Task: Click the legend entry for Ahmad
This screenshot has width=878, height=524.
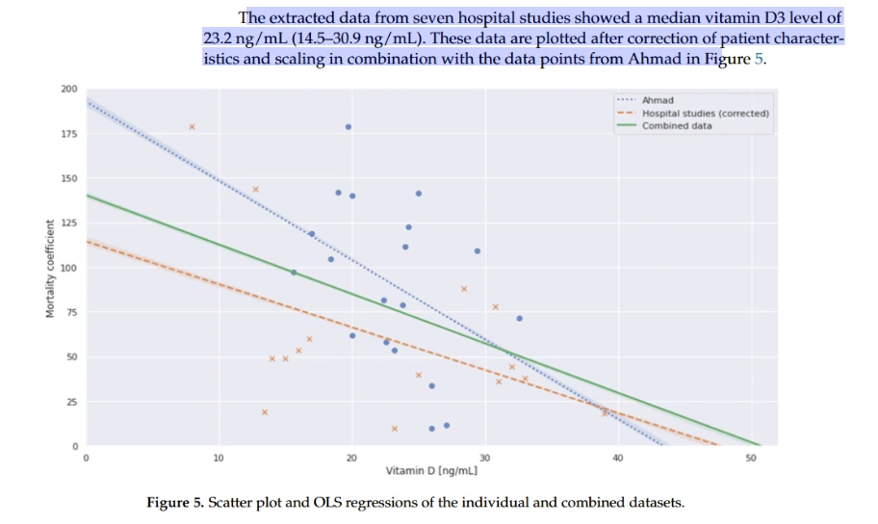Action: click(x=658, y=100)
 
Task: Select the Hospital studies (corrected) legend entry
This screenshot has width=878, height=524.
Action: click(x=705, y=113)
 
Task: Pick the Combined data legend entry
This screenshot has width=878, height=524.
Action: click(x=677, y=125)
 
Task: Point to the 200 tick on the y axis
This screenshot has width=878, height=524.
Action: click(x=68, y=89)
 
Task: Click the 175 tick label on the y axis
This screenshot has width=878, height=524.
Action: click(x=68, y=134)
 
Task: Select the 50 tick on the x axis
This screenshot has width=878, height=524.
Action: click(x=751, y=458)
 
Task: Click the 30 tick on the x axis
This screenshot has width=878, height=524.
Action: click(x=485, y=458)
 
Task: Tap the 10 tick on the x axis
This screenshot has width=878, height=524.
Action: click(x=219, y=458)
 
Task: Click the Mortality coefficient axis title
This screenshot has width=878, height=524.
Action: click(x=49, y=269)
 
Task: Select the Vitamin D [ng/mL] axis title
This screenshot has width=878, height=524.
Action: click(x=432, y=471)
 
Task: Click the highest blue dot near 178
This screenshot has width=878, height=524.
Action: click(x=349, y=126)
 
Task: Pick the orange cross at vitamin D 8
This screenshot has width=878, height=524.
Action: click(x=192, y=126)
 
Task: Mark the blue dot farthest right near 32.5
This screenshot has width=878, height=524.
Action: click(x=519, y=318)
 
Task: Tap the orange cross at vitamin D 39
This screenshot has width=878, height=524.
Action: click(x=606, y=412)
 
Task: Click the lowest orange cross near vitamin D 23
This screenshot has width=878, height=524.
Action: click(x=395, y=428)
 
